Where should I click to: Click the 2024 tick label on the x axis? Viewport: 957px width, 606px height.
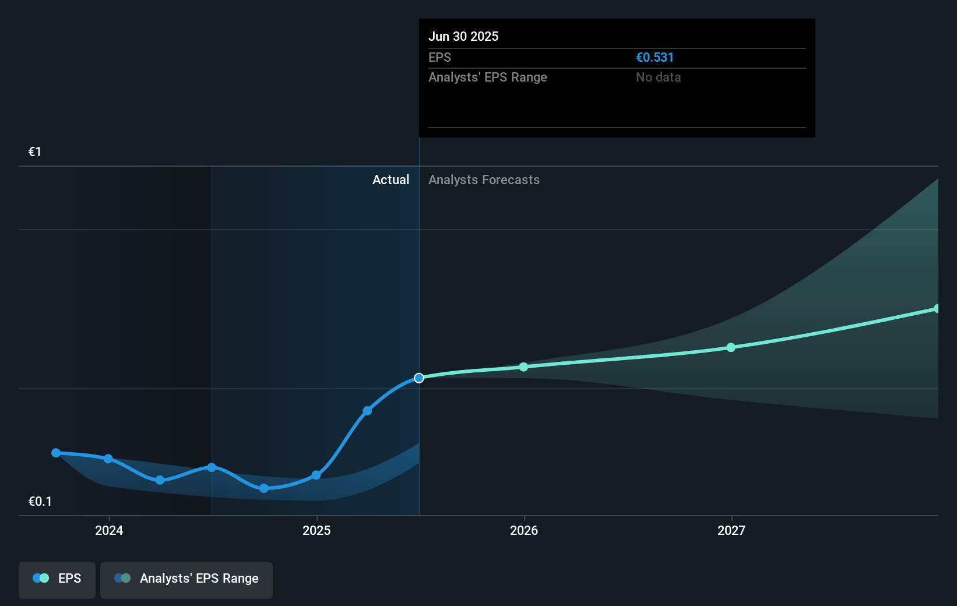[x=109, y=530]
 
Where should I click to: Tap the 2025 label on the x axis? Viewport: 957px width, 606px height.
[x=316, y=530]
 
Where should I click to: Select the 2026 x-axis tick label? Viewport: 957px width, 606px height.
[x=524, y=530]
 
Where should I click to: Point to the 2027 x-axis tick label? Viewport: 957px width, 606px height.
[x=731, y=530]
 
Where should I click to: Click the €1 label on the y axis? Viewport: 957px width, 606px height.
[x=35, y=152]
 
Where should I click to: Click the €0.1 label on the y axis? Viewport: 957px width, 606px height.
[x=40, y=502]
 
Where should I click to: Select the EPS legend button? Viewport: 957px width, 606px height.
[x=57, y=579]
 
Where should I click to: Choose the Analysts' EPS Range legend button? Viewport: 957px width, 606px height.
[x=187, y=579]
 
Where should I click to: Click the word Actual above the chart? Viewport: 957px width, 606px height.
[x=390, y=180]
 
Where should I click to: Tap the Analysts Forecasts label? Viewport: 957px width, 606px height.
[x=484, y=180]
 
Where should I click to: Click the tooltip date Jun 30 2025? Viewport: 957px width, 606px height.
[x=463, y=36]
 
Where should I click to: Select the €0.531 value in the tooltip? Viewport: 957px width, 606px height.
[x=655, y=58]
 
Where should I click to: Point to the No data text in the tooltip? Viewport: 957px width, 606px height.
[x=658, y=77]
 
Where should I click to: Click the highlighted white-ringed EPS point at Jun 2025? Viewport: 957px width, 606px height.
[x=419, y=378]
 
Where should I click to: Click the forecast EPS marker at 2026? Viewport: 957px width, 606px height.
[x=523, y=367]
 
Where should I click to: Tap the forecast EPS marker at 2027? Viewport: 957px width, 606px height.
[x=731, y=347]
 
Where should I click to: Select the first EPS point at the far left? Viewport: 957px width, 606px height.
[x=56, y=453]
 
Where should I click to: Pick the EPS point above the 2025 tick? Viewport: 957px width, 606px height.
[x=316, y=475]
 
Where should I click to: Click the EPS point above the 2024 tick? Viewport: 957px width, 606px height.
[x=108, y=459]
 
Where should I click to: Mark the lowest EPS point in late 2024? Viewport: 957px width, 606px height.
[x=264, y=488]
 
